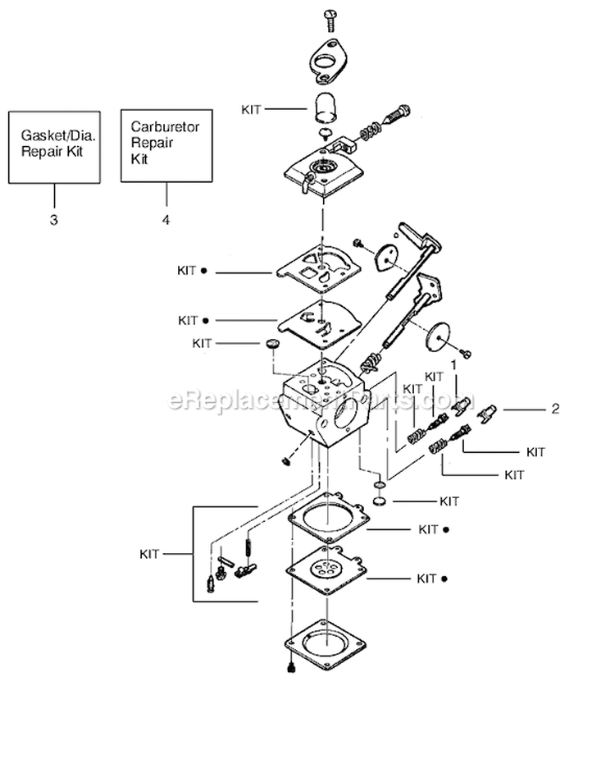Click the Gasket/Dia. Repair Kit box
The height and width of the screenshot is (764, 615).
56,145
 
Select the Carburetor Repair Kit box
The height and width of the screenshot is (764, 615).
167,145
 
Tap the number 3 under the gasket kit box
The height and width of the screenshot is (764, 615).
55,220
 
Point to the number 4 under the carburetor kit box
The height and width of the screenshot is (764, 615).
166,220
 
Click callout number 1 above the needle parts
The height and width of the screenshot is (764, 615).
452,362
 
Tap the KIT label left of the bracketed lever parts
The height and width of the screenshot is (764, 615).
149,554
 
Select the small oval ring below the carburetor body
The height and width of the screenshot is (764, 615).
380,500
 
